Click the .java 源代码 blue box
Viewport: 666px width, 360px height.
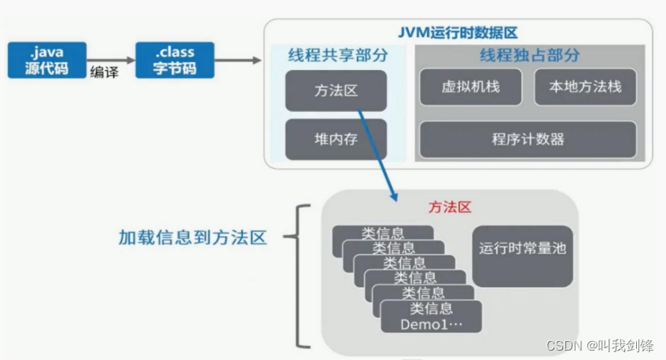(x=48, y=60)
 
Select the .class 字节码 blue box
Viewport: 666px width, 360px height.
(x=175, y=60)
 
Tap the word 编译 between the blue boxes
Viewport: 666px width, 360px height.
(x=105, y=72)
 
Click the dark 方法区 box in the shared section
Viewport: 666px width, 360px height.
(x=336, y=90)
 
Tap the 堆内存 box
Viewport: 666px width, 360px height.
(x=336, y=139)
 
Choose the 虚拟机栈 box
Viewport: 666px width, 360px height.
(x=469, y=86)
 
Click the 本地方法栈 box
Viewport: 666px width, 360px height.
(x=583, y=86)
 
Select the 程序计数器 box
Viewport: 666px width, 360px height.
(x=527, y=139)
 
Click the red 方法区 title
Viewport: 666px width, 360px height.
(x=449, y=208)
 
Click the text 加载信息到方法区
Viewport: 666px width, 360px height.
(x=193, y=237)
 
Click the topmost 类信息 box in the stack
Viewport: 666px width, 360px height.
(x=383, y=233)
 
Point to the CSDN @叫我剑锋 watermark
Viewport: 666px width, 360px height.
(x=602, y=346)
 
